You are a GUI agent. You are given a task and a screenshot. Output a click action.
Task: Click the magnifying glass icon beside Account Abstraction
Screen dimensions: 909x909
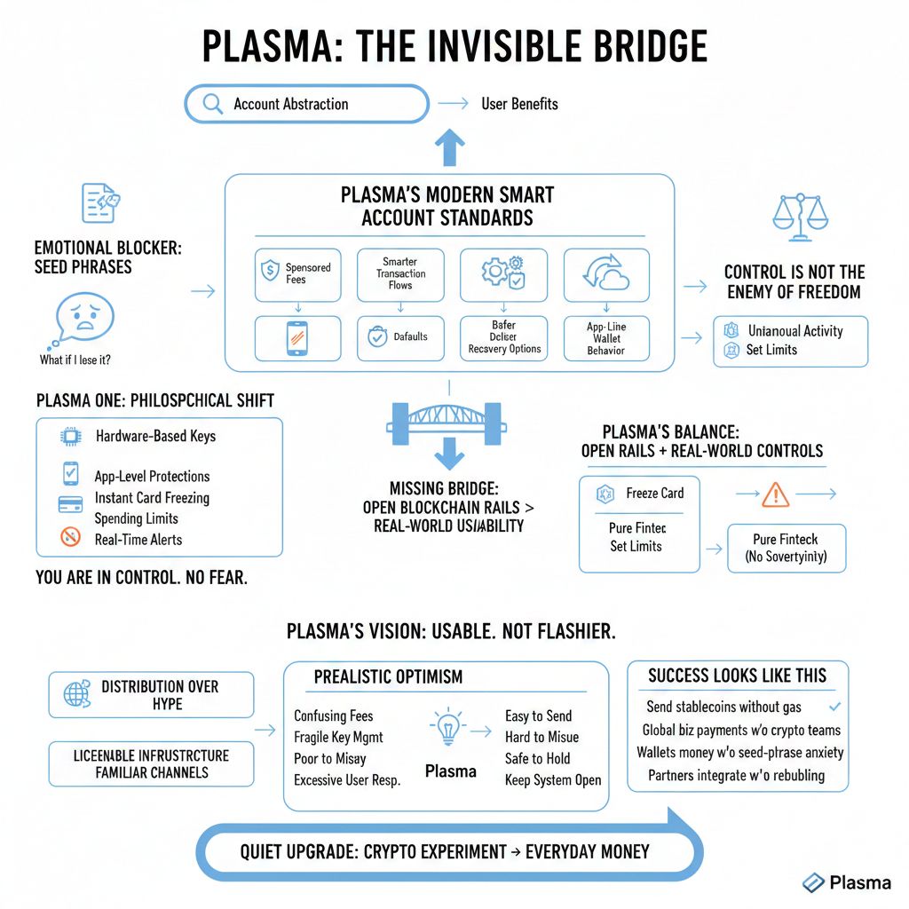point(213,104)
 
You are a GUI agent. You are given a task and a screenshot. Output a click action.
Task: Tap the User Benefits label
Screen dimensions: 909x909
point(519,104)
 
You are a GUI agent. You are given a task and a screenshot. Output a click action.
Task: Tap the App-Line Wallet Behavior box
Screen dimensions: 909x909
point(606,338)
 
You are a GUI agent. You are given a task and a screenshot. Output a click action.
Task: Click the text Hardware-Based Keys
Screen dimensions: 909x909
point(154,436)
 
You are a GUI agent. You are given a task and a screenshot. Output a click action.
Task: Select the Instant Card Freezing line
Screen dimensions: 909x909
point(151,498)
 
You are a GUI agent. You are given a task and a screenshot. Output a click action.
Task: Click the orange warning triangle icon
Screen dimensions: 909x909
point(775,494)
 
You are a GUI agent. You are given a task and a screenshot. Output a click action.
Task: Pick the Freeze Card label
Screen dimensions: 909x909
point(654,494)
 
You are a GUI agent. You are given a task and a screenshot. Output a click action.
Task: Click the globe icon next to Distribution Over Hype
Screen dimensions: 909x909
point(77,694)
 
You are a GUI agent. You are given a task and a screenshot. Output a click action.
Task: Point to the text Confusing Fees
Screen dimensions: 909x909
point(333,716)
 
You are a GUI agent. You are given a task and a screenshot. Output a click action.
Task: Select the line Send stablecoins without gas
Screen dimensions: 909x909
point(723,707)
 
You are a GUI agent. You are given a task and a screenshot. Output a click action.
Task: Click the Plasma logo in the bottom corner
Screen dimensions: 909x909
point(845,882)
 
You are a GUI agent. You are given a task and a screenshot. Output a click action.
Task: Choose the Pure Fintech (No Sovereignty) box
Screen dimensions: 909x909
point(786,548)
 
